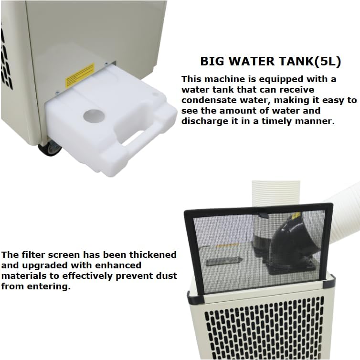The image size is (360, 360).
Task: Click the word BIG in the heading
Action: pyautogui.click(x=211, y=62)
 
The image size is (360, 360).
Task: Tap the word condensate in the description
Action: pyautogui.click(x=206, y=100)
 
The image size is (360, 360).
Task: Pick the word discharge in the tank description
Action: pyautogui.click(x=202, y=121)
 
